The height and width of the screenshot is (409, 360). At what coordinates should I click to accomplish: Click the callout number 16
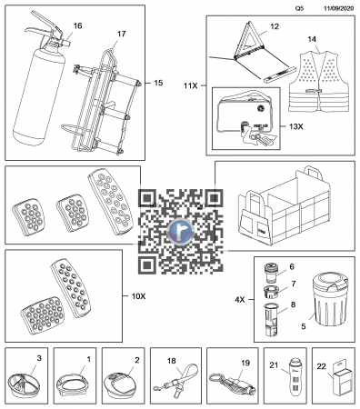pos(77,25)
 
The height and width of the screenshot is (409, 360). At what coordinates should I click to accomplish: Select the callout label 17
pos(121,34)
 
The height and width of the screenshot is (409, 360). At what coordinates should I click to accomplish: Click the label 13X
pos(295,126)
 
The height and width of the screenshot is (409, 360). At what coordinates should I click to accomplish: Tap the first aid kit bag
pos(246,119)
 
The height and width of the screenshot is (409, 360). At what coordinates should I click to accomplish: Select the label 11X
pos(191,85)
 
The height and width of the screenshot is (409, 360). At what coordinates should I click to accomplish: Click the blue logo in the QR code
pos(180,232)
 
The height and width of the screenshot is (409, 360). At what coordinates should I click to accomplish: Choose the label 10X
pos(138,296)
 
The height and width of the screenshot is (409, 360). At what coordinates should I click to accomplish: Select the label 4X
pos(240,300)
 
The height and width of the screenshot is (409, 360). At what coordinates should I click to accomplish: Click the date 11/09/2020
pos(338,8)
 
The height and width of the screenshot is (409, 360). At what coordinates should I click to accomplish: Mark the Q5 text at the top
pos(299,8)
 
